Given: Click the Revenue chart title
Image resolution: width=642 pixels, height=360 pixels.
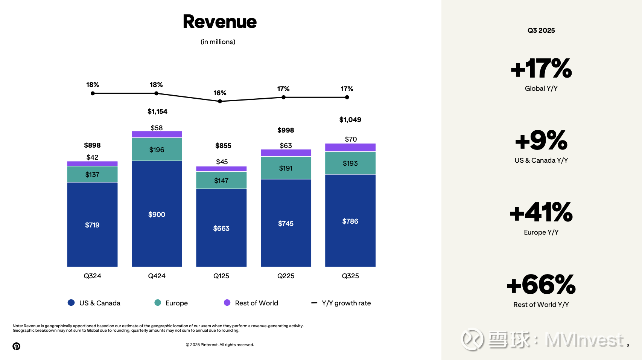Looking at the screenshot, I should [220, 22].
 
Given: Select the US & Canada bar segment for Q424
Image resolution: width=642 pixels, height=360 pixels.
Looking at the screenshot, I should [157, 214].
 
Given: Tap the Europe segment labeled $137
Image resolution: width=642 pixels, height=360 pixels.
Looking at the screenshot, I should [92, 174].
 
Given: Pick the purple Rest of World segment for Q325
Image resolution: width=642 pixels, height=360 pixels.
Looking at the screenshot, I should [350, 147].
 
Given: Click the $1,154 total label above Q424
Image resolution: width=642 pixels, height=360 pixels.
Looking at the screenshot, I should [157, 111].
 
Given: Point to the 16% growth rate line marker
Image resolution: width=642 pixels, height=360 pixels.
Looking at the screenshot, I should [220, 101].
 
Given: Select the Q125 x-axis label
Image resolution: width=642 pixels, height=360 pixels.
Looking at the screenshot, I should [221, 276].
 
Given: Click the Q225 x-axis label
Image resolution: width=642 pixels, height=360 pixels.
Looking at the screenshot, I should [286, 276].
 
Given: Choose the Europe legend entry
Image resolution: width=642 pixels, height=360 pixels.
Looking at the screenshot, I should [171, 303].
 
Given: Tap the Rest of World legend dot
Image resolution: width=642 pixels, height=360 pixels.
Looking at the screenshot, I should [227, 303].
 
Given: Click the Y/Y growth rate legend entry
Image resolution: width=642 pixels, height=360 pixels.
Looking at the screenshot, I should [341, 303].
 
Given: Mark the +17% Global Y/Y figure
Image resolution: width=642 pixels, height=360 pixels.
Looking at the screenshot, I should [541, 69].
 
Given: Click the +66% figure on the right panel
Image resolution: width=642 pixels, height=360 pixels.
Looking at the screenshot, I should [541, 285].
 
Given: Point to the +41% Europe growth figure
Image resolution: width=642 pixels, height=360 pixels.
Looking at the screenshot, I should [541, 213].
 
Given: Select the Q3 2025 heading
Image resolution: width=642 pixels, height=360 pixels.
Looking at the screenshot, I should [541, 31].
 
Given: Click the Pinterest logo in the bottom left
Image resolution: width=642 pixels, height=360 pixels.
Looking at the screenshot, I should [16, 346].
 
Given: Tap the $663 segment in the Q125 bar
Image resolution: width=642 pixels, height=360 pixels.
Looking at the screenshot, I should [221, 228].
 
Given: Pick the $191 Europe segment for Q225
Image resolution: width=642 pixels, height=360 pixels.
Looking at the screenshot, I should [286, 168].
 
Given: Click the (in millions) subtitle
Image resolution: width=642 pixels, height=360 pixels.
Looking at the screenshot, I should [218, 42].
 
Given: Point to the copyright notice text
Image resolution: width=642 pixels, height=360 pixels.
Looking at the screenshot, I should [220, 345].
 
